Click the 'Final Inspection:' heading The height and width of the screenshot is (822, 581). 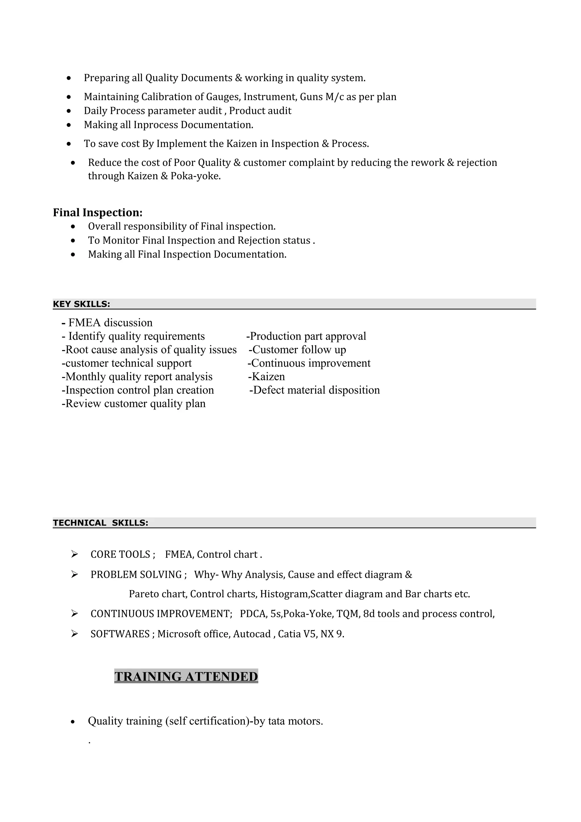[x=98, y=213]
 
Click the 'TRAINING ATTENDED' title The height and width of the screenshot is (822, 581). [x=186, y=677]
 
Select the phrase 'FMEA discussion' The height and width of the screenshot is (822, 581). [x=110, y=323]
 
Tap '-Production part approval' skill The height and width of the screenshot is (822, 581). [x=306, y=336]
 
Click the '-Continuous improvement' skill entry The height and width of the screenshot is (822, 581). [x=309, y=363]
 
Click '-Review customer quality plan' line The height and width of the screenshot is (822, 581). [x=134, y=404]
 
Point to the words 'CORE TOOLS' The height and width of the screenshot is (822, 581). [x=120, y=555]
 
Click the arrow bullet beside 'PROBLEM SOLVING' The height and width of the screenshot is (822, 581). [x=74, y=575]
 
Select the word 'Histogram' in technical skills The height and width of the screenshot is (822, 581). [x=284, y=594]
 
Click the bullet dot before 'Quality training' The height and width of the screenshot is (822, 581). [x=73, y=722]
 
